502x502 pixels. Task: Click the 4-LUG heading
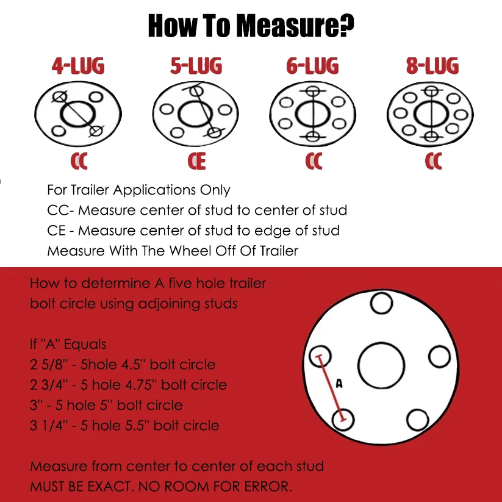(78, 66)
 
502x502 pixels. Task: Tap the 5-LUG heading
(196, 66)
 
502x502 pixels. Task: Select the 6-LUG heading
(312, 66)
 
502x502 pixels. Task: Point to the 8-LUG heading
(432, 66)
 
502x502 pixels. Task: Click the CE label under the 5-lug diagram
(196, 161)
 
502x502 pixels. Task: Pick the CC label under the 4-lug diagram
(79, 161)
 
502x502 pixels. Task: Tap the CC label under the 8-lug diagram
(434, 161)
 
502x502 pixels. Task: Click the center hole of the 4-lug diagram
(78, 114)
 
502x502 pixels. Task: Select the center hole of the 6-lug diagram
(313, 114)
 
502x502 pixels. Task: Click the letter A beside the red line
(339, 383)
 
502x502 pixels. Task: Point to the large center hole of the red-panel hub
(381, 365)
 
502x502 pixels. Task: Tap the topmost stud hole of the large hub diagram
(381, 303)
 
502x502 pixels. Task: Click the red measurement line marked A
(331, 388)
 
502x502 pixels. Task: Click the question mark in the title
(346, 25)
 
